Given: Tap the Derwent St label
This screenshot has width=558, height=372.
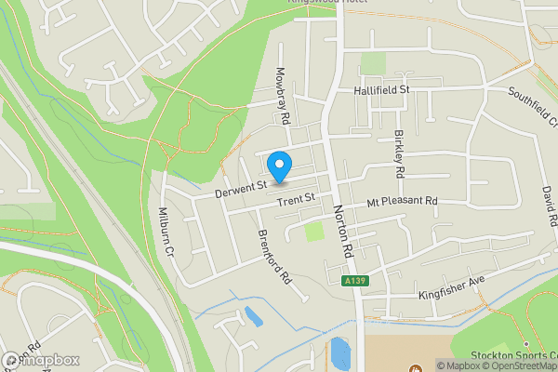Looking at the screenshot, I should pos(241,190).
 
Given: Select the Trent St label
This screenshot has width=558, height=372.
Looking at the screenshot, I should pos(298,198).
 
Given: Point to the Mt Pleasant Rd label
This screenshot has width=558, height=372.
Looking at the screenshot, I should pos(402,201).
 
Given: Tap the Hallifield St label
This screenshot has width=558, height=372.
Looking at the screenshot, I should pos(381,90).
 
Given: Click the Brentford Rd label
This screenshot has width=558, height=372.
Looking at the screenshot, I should pos(275,257).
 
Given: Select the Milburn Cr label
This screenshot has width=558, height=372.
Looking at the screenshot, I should pos(168,232).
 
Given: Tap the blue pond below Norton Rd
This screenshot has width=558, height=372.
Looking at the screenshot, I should pos(340,354).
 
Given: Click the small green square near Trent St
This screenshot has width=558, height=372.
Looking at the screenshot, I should pos(315,230).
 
